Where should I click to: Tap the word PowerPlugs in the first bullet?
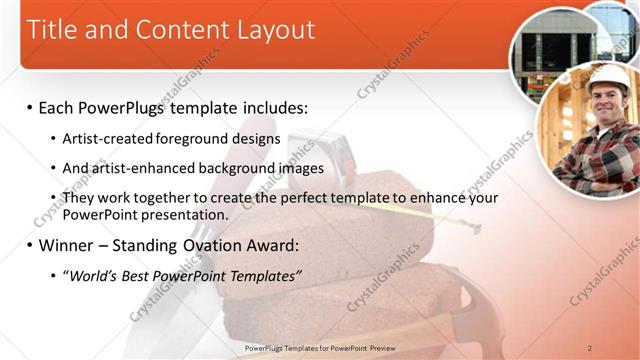131,107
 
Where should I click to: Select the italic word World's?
94,276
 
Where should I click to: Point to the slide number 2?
590,348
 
